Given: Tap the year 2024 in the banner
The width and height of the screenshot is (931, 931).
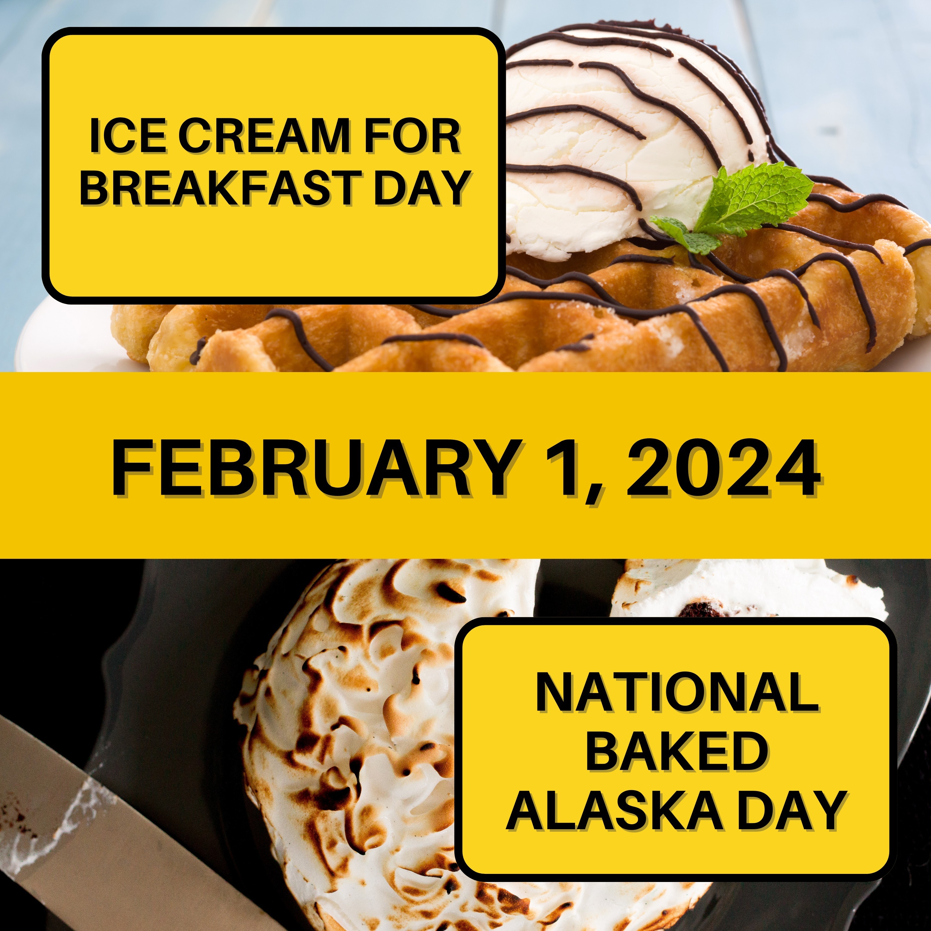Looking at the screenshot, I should (x=723, y=468).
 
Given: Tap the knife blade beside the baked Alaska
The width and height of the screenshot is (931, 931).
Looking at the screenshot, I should (x=97, y=819).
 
